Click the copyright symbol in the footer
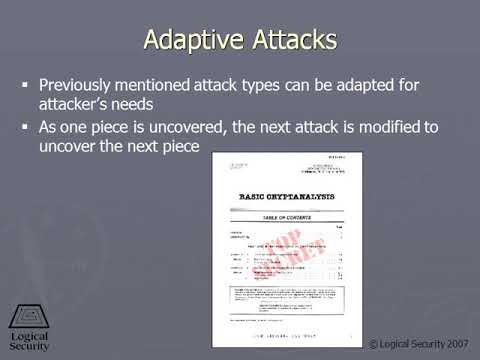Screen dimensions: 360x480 click(x=373, y=344)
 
